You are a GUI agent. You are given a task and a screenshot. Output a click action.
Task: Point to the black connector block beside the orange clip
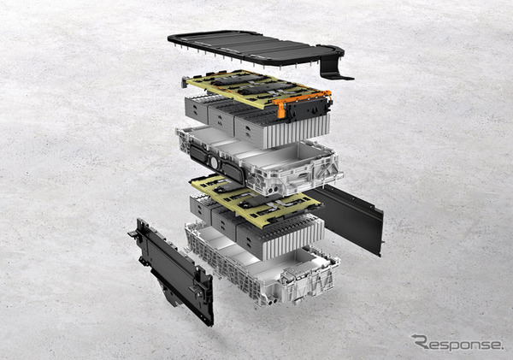pos(308,109)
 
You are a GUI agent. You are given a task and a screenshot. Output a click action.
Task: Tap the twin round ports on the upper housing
pos(273,190)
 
